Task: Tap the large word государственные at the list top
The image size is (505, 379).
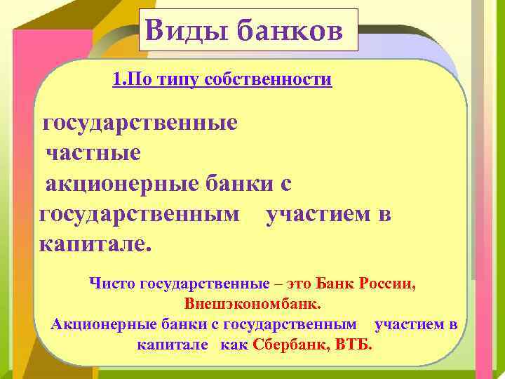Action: point(140,124)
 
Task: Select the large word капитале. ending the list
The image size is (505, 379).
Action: point(94,245)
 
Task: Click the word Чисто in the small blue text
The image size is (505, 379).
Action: point(114,284)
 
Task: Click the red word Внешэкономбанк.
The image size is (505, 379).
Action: point(252,305)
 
